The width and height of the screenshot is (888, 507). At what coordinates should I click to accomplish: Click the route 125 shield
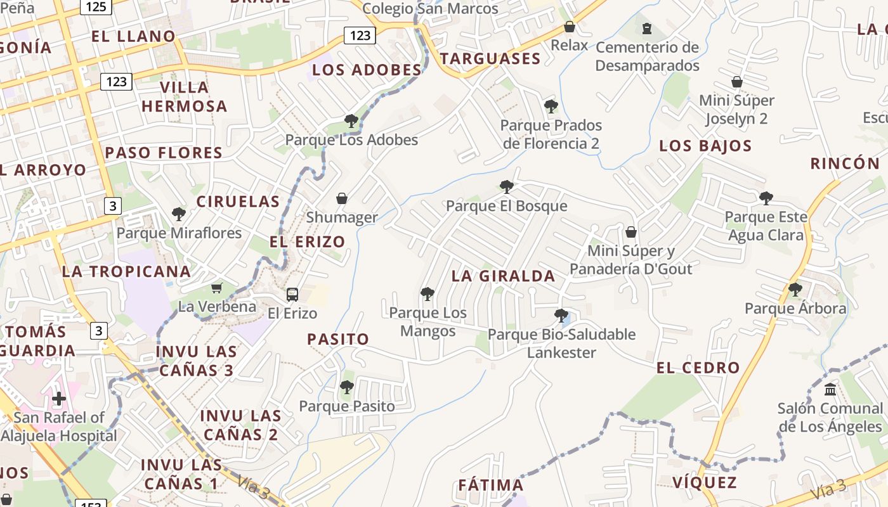coord(96,6)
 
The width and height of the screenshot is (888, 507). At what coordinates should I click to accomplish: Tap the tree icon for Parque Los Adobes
coord(351,120)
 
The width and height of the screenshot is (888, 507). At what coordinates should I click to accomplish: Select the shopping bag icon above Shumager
coord(342,198)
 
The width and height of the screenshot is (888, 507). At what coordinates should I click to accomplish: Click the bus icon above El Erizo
coord(292,294)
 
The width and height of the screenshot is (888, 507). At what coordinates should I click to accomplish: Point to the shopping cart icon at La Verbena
coord(217,288)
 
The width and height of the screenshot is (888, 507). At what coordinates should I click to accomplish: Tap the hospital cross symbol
coord(59,399)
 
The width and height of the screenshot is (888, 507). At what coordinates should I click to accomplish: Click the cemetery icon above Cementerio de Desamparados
coord(646,29)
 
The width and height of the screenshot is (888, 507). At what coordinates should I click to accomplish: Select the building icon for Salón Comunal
coord(830,389)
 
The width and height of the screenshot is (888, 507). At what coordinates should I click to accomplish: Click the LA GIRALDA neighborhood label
coord(503,276)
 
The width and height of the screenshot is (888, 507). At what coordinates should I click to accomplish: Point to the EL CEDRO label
coord(698,368)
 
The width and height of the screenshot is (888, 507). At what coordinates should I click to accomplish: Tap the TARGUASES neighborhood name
coord(490,59)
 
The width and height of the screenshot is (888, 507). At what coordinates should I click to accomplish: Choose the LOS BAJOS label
coord(705,146)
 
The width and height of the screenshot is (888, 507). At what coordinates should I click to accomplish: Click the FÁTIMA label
coord(491,485)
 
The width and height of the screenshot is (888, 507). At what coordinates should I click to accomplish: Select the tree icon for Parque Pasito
coord(346,387)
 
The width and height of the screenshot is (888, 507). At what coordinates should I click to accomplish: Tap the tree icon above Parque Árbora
coord(795,290)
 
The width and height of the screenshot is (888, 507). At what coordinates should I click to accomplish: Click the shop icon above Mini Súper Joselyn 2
coord(736,82)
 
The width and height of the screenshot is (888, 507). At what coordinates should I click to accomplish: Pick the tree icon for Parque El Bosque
coord(506,186)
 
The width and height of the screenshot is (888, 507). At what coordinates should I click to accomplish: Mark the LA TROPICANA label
coord(126,271)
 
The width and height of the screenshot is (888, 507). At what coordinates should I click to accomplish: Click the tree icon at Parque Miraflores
coord(179,214)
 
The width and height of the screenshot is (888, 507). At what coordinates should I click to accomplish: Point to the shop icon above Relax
coord(569,27)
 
